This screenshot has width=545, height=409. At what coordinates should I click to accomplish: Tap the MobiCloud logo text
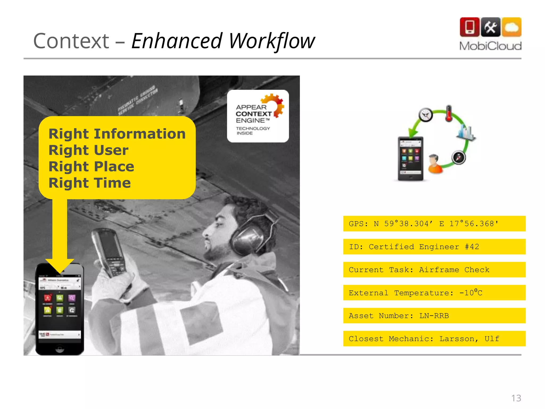click(490, 46)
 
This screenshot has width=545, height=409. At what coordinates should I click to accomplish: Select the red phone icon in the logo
click(469, 27)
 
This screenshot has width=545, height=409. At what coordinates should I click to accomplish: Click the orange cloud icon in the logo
click(511, 27)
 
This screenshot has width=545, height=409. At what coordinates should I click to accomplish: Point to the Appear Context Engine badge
click(258, 116)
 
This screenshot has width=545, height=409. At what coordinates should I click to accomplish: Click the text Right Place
click(91, 166)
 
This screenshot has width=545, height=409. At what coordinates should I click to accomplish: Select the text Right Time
click(90, 183)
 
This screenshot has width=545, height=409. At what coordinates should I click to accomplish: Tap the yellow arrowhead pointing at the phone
click(60, 265)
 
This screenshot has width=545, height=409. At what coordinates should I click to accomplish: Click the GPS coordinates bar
click(434, 224)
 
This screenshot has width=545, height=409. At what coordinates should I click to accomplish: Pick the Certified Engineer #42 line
click(434, 247)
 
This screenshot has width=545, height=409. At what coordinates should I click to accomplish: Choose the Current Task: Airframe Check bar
click(434, 270)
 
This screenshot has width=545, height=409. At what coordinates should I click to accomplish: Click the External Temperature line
click(434, 293)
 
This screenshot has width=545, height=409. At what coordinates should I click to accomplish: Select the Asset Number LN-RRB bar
click(434, 316)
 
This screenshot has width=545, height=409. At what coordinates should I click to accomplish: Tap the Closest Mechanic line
click(434, 339)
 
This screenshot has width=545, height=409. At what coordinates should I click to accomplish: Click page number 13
click(516, 398)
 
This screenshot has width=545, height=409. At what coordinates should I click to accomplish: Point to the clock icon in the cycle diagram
click(426, 115)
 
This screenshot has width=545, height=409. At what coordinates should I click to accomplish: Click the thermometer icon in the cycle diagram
click(449, 113)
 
